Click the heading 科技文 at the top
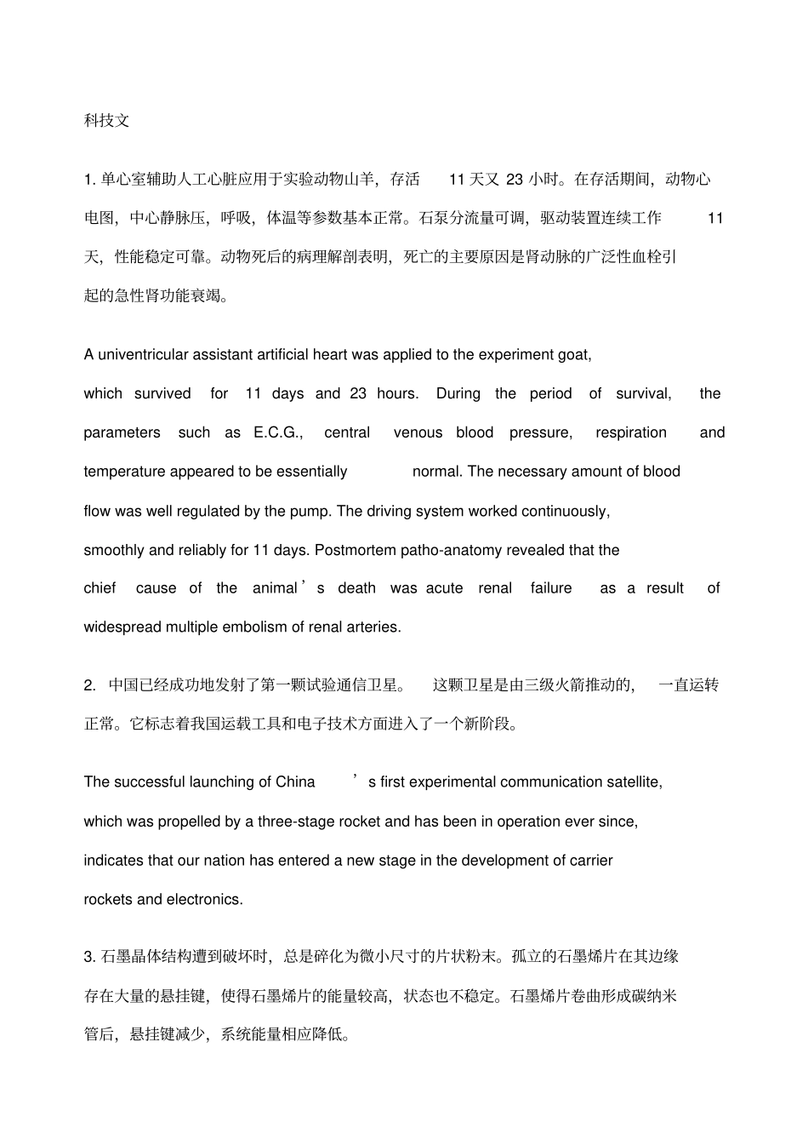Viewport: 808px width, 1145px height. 106,120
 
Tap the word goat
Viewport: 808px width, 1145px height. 575,354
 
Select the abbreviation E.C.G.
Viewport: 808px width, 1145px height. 277,432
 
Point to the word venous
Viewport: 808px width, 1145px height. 418,432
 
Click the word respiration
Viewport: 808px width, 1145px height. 631,432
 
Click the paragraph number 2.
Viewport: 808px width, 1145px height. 89,685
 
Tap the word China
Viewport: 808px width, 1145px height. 295,782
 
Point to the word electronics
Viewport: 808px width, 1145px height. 204,900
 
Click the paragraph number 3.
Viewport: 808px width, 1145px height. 89,957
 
